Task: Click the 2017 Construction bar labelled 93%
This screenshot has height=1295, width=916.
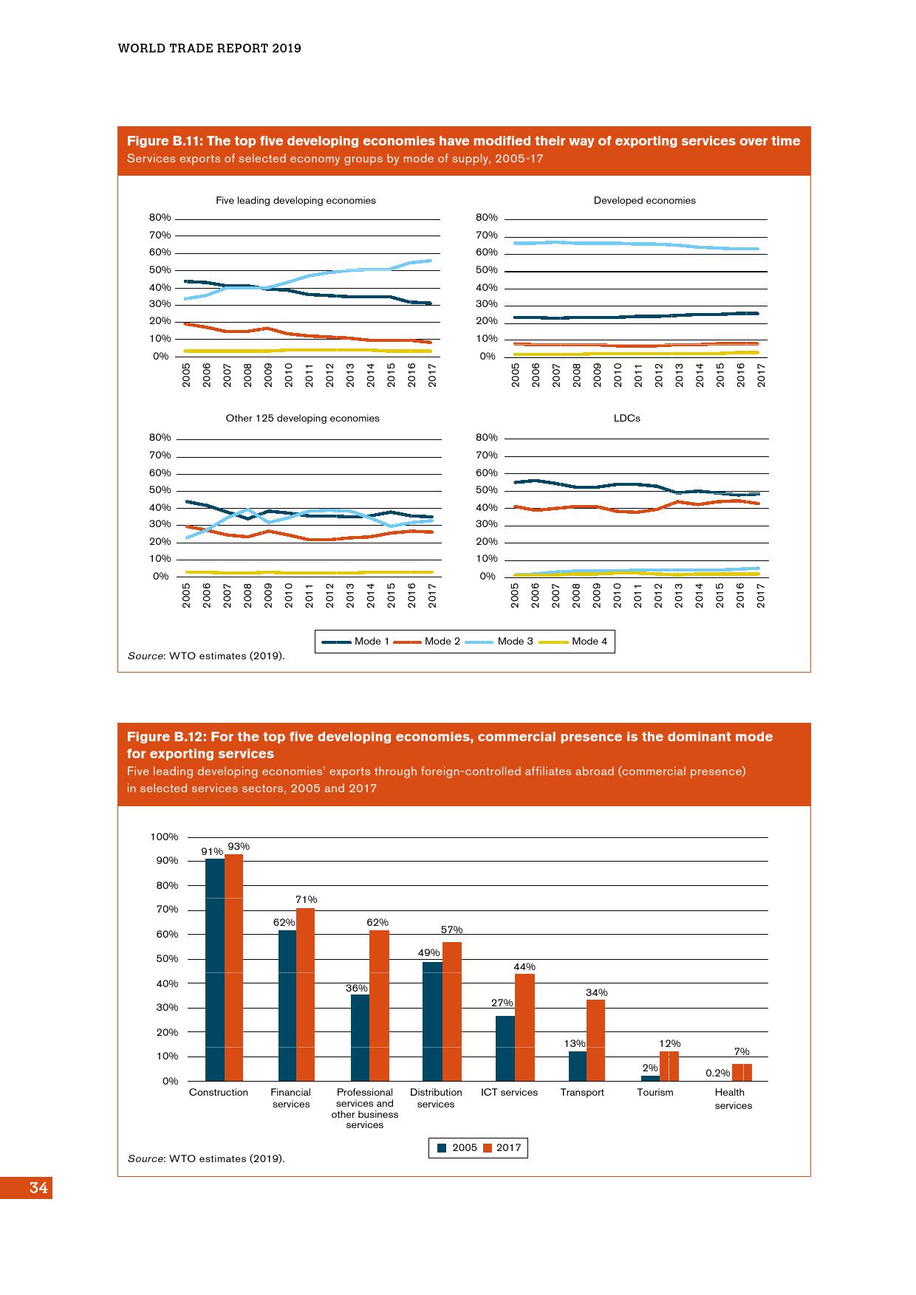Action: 233,967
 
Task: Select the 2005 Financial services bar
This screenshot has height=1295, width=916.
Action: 287,1006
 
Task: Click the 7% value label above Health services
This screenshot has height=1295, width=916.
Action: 742,1051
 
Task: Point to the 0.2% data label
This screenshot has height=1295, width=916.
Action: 717,1073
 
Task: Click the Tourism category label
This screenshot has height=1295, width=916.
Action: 655,1092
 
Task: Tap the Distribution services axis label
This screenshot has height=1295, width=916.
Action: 436,1098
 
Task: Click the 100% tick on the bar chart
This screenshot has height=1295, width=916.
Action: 164,837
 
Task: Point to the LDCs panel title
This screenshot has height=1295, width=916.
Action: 626,418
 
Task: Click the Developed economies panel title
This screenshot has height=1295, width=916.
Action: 644,200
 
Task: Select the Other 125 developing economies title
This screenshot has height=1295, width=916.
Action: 302,418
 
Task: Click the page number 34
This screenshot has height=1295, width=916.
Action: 38,1188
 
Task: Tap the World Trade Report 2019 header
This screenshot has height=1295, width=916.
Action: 210,48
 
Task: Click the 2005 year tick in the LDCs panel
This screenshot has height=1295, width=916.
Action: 515,595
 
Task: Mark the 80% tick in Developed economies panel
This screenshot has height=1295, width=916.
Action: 486,218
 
